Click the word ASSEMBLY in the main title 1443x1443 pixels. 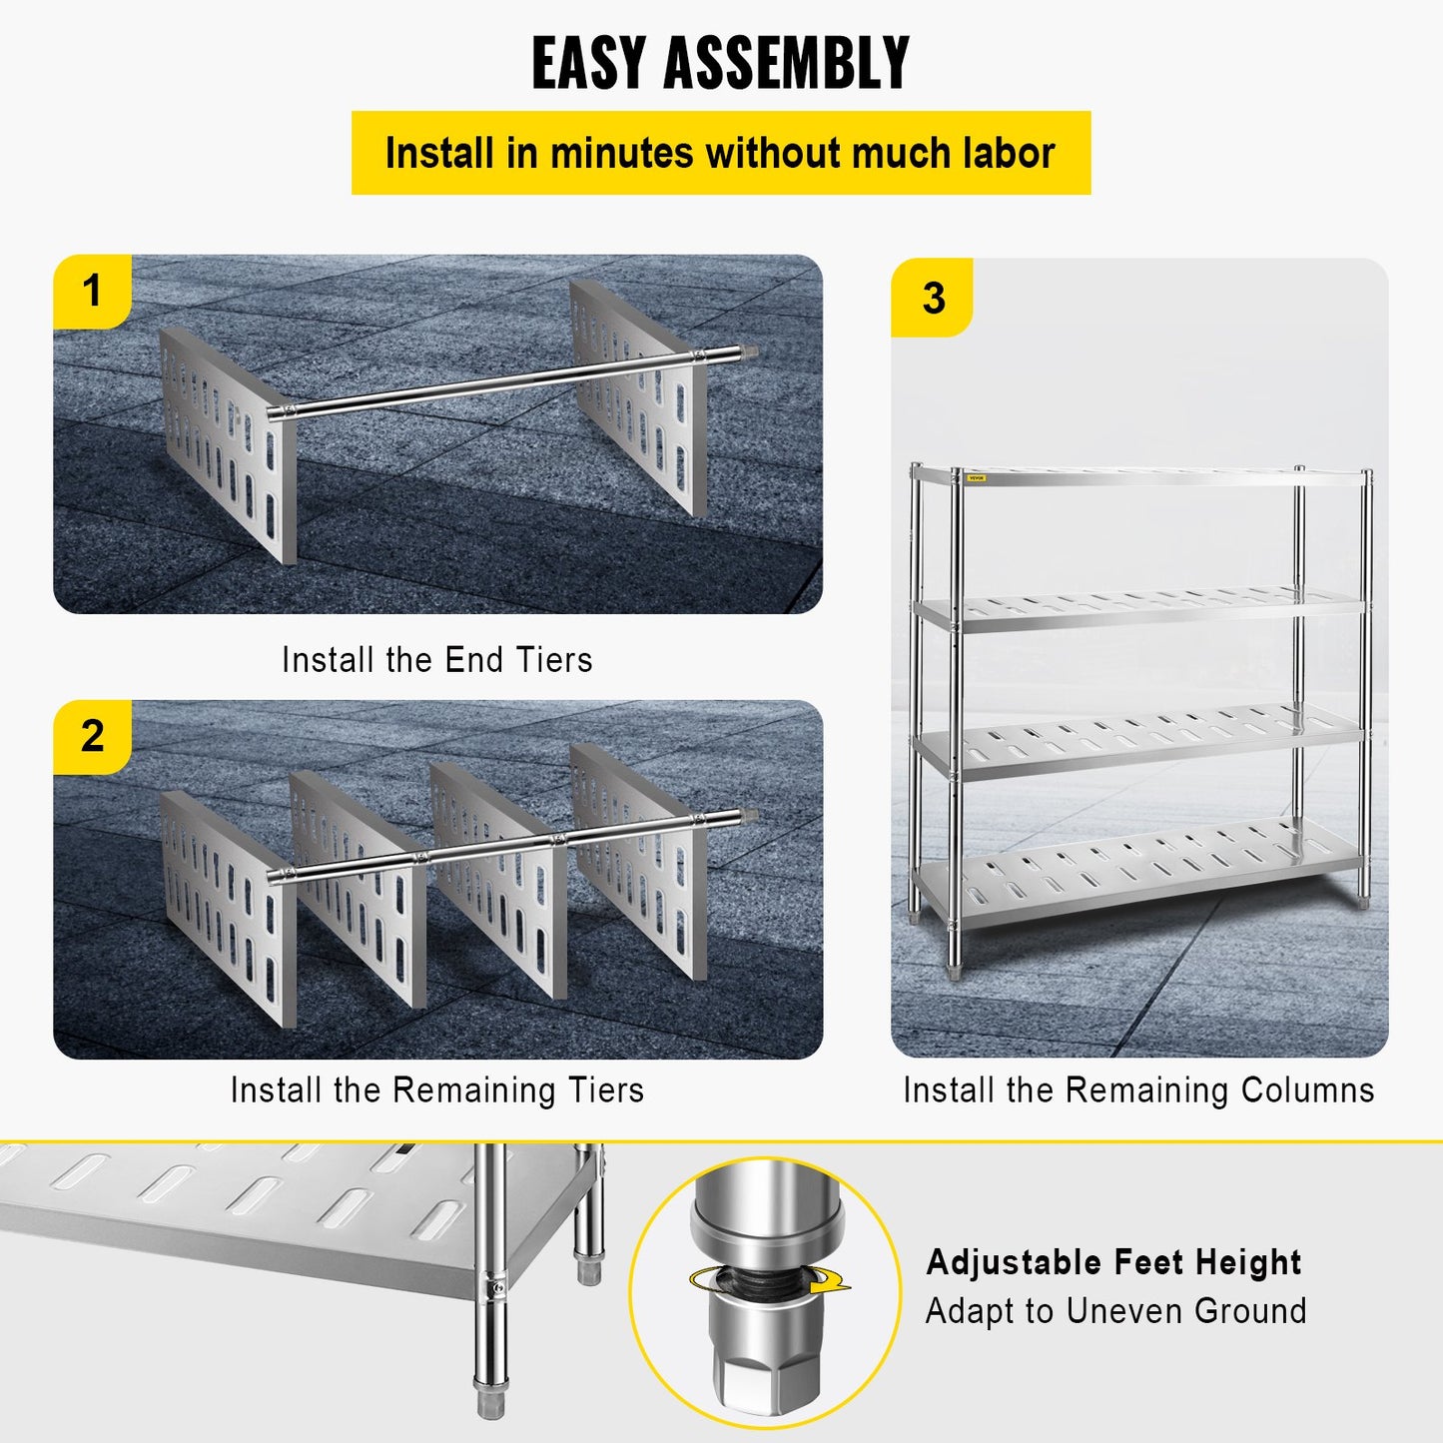coord(787,62)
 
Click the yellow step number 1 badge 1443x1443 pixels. coord(92,292)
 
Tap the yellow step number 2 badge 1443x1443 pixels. coord(92,737)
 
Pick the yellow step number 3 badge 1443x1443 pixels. coord(933,298)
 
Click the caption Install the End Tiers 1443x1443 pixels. coord(436,660)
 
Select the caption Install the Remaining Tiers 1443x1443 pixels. coord(436,1089)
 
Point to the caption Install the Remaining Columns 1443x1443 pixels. coord(1138,1089)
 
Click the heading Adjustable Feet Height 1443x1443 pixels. coord(1113,1262)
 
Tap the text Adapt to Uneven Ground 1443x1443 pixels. coord(1115,1310)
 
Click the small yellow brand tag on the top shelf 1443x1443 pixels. coord(976,478)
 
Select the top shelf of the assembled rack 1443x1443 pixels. coord(1138,476)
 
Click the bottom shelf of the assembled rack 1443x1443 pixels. coord(1138,869)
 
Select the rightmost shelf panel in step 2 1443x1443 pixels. coord(639,859)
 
